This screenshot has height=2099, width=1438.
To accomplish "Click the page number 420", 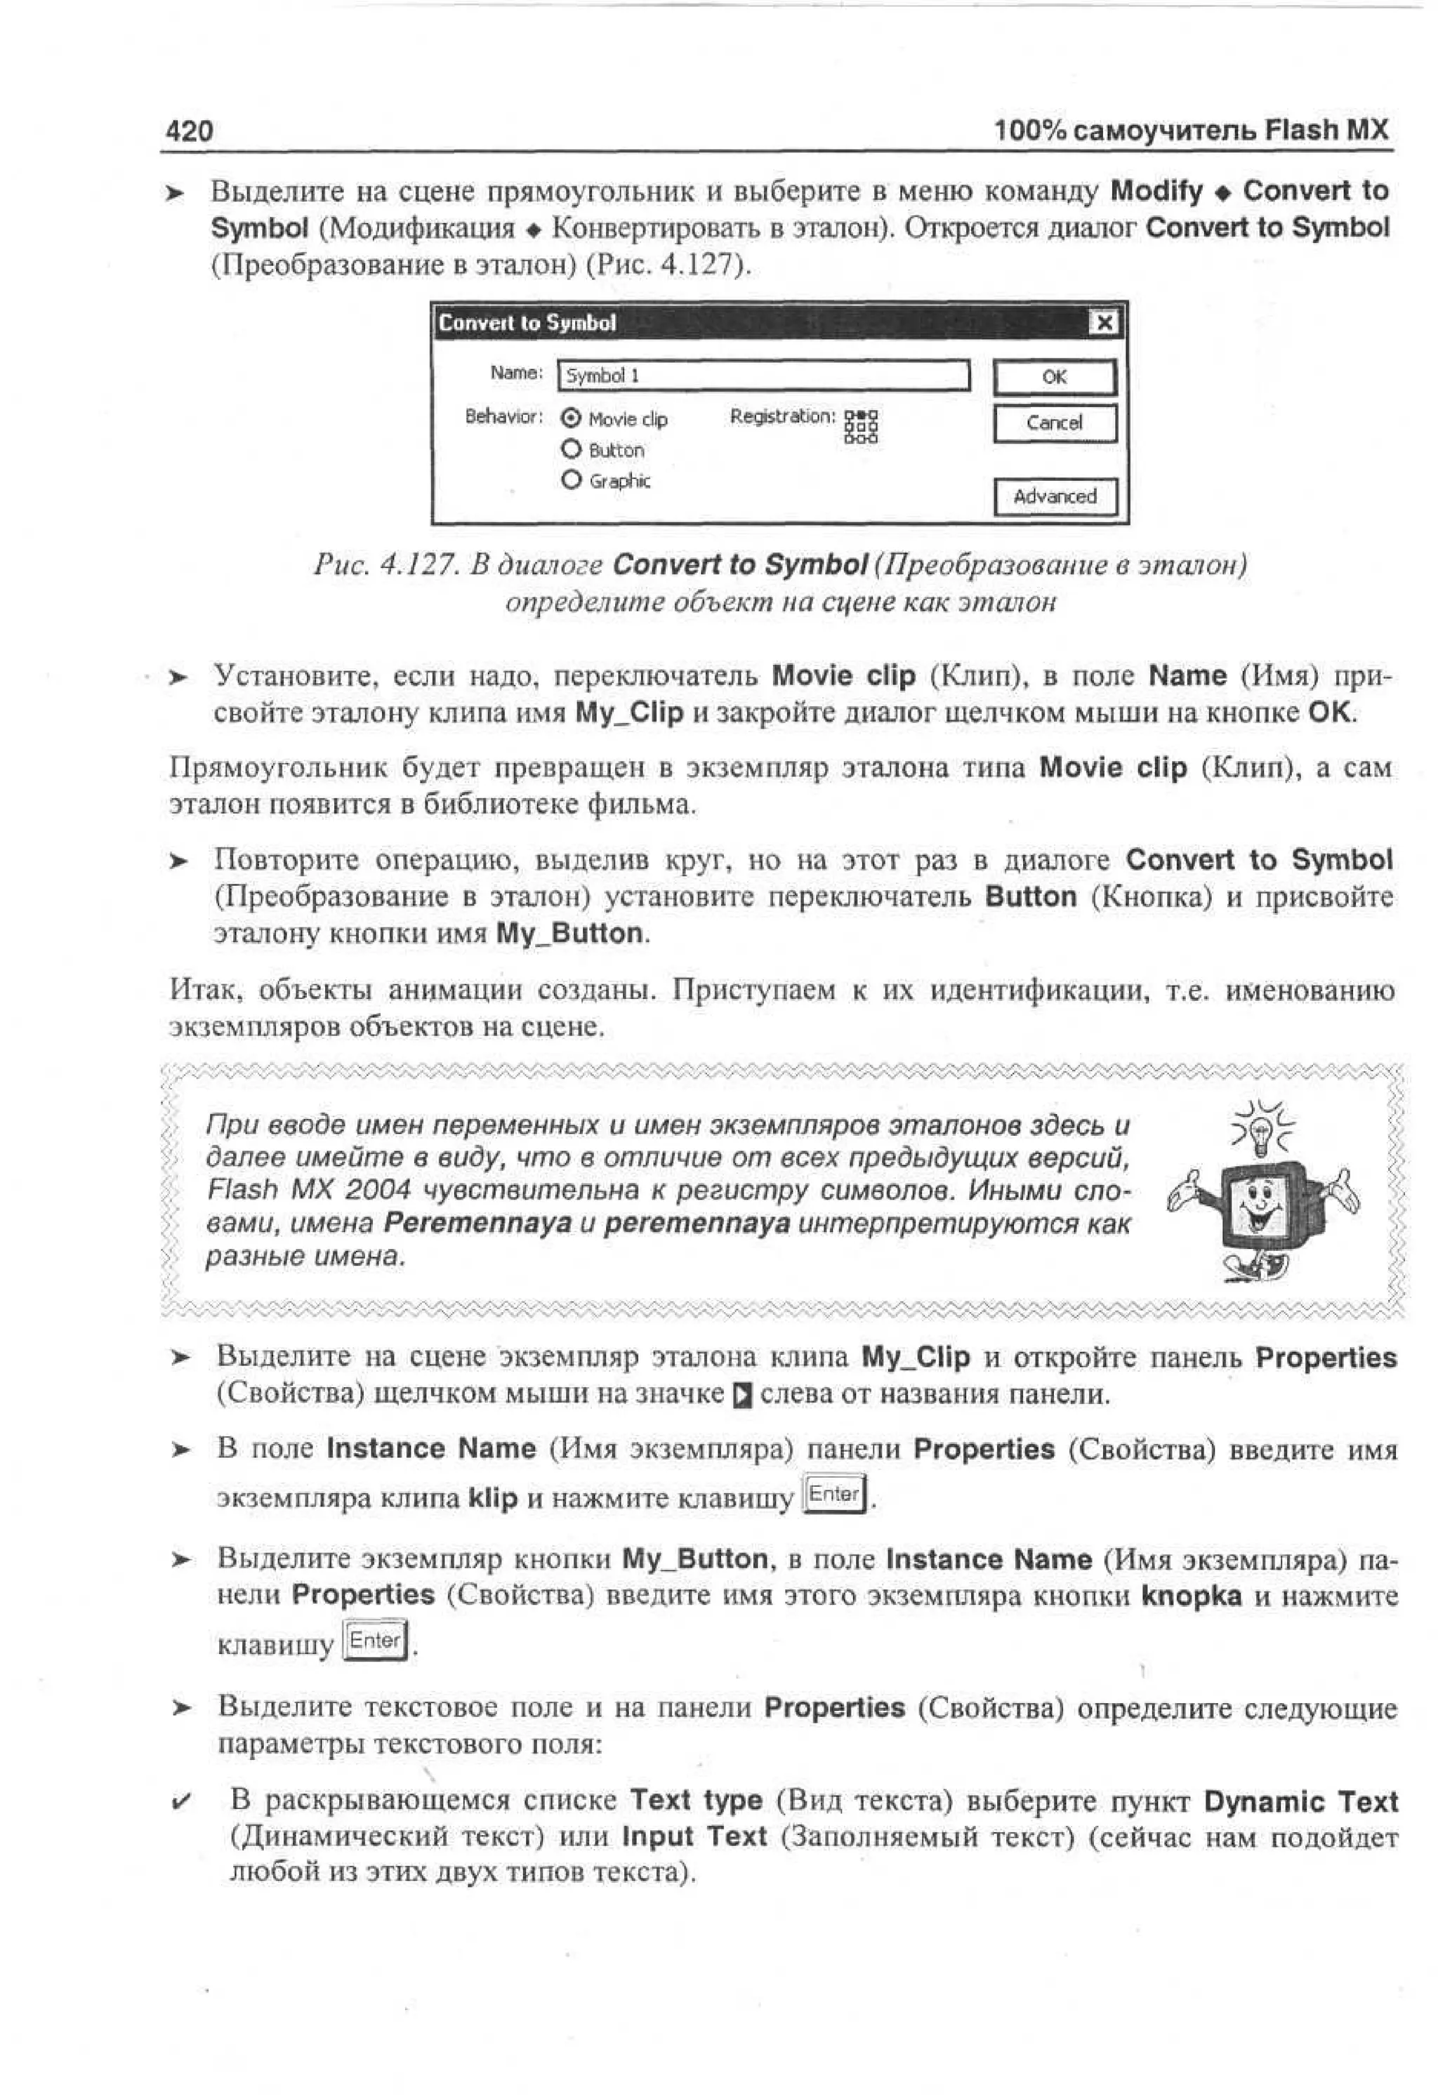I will tap(190, 132).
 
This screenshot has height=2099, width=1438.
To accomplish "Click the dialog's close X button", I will tap(1103, 322).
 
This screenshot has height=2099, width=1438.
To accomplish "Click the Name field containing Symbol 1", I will tap(763, 376).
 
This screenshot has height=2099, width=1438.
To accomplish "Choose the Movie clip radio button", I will tap(571, 418).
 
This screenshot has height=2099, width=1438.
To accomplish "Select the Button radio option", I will tap(571, 449).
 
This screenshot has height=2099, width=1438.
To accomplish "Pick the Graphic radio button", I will tap(571, 479).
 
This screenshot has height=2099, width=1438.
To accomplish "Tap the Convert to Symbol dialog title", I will tap(527, 322).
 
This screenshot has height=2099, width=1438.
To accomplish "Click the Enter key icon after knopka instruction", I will tap(375, 1640).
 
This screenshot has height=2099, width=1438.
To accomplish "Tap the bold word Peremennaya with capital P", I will tap(478, 1223).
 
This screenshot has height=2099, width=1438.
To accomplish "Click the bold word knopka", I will tap(1192, 1596).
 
